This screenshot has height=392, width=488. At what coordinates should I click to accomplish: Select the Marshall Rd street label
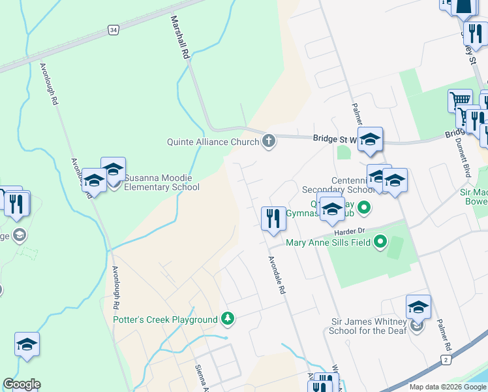180,39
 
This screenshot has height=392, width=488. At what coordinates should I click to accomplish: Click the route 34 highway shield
114,30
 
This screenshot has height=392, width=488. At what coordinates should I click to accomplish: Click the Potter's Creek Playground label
165,319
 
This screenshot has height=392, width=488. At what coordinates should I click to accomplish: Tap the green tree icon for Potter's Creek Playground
228,319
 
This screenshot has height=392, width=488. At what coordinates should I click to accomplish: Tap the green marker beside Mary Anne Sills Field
380,243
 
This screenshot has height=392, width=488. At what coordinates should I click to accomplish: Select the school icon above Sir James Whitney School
418,306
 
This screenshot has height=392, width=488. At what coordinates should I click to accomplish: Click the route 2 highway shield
446,359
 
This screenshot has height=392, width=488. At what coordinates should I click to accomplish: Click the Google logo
22,384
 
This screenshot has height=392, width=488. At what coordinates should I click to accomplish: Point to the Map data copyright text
448,387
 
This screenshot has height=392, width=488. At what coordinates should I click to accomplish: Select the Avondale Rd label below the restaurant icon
278,274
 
